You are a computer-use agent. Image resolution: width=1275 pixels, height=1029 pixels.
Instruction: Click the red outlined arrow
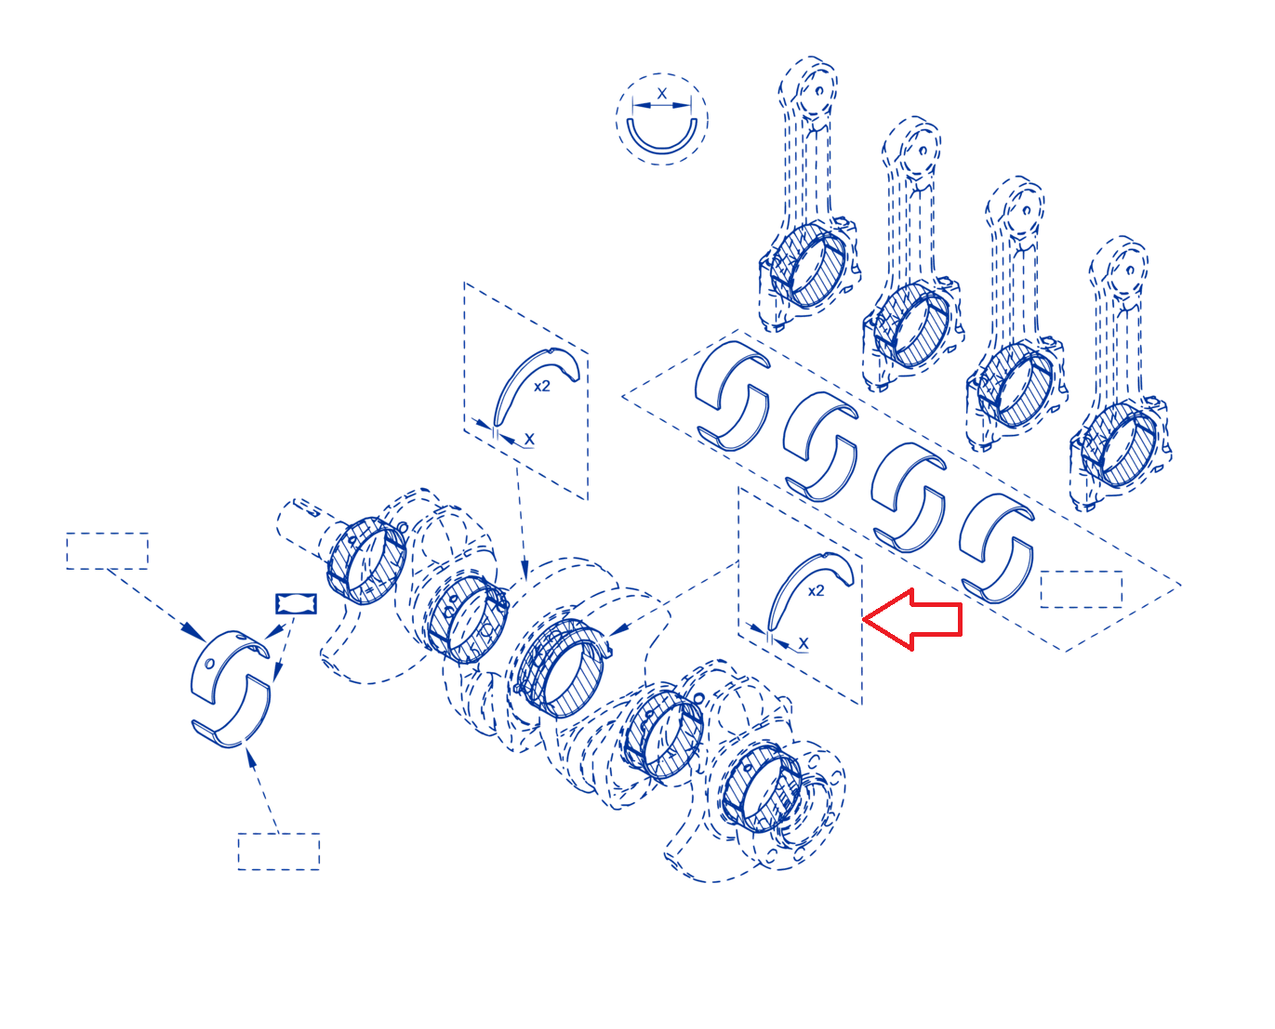[x=911, y=618]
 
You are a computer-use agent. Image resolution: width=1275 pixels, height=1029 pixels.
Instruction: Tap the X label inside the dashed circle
[x=661, y=94]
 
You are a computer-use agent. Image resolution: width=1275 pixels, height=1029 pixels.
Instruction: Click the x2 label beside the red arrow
[x=816, y=591]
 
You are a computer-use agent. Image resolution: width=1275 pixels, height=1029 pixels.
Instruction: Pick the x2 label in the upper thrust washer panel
[x=542, y=387]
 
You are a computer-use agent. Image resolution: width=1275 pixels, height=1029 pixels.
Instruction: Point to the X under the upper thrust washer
[x=529, y=440]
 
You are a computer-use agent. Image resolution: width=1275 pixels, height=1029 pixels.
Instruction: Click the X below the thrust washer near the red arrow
[x=804, y=644]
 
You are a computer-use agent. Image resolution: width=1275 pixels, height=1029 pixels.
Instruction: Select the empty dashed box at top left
[x=107, y=551]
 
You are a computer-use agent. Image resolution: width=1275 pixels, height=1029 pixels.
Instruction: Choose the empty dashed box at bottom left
[x=278, y=851]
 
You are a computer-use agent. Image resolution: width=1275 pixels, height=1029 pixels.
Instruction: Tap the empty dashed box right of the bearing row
[x=1081, y=589]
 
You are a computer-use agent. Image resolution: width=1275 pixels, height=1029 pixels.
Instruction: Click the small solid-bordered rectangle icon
[x=296, y=603]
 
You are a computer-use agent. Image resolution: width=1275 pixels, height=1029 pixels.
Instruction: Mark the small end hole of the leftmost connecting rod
[x=819, y=91]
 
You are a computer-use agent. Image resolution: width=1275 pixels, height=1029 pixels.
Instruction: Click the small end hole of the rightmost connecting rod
[x=1130, y=270]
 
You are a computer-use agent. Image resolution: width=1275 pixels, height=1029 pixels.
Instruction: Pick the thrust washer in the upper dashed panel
[x=509, y=383]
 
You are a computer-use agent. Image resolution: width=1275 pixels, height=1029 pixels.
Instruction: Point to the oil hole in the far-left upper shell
[x=209, y=664]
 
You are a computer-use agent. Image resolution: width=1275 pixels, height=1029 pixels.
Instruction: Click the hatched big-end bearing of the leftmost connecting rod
[x=807, y=266]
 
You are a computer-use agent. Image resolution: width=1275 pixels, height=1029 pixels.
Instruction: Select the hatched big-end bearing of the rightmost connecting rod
[x=1118, y=444]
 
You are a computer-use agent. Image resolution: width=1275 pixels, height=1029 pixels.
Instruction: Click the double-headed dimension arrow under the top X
[x=662, y=105]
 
